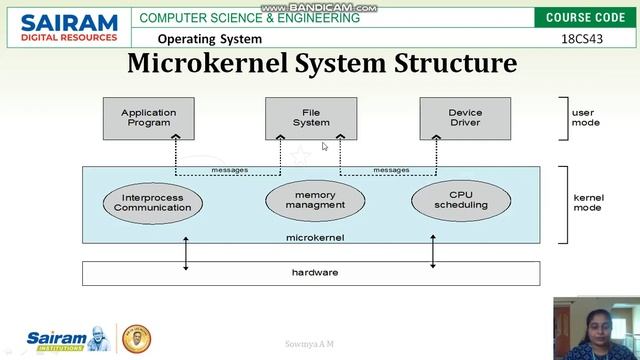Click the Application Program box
coord(147,118)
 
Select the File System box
coord(311,118)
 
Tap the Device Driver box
coord(465,118)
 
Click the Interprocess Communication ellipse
coord(153,202)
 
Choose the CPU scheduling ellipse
coord(461,199)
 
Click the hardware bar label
coord(315,272)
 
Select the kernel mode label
coord(588,203)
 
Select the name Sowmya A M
coord(313,344)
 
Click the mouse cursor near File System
coord(324,147)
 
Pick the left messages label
coord(230,170)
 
